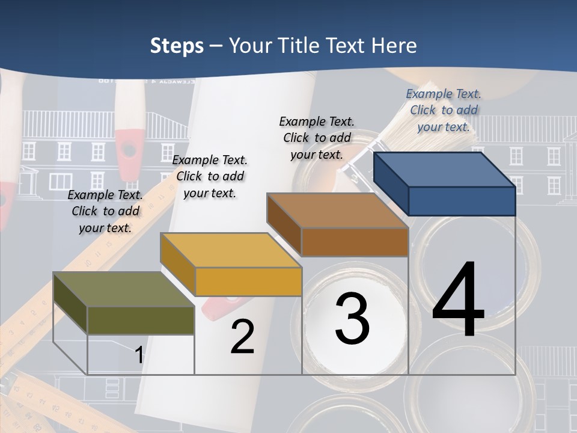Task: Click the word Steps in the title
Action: (x=177, y=46)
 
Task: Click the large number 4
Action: (x=458, y=301)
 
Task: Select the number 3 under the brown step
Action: (x=352, y=319)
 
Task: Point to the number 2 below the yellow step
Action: (x=242, y=337)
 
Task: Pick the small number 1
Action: (x=139, y=355)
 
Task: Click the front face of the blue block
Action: (x=462, y=201)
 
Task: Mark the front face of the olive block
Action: (x=141, y=320)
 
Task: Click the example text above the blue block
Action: (x=444, y=110)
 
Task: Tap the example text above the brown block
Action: (x=317, y=138)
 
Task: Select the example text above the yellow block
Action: (x=209, y=176)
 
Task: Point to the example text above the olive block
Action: (x=105, y=211)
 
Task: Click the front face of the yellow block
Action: (x=248, y=281)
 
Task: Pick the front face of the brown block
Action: (x=355, y=242)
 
